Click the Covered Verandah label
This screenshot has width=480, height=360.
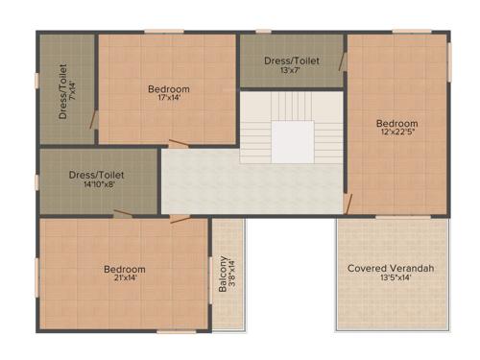click(x=391, y=268)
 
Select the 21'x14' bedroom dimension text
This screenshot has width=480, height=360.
click(x=125, y=279)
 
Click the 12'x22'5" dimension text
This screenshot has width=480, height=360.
click(x=396, y=133)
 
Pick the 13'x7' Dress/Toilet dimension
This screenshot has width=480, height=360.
click(x=291, y=70)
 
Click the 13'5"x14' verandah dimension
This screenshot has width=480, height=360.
click(x=391, y=278)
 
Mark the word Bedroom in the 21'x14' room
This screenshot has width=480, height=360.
click(x=125, y=269)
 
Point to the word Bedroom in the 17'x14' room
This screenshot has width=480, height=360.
click(x=168, y=88)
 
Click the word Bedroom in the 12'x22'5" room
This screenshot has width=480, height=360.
click(x=396, y=123)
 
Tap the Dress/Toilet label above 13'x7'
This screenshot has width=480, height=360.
click(x=291, y=60)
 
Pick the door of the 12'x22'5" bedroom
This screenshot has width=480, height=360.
click(x=348, y=204)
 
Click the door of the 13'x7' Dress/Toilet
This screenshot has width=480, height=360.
click(x=342, y=62)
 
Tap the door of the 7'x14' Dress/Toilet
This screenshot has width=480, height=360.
click(x=94, y=119)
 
